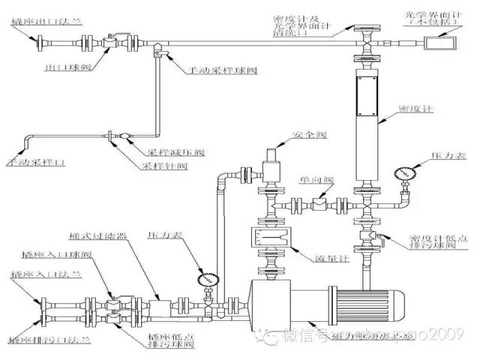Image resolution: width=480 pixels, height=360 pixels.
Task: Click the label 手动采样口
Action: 30,161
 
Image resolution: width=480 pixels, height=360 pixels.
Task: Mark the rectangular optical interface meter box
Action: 436,43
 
